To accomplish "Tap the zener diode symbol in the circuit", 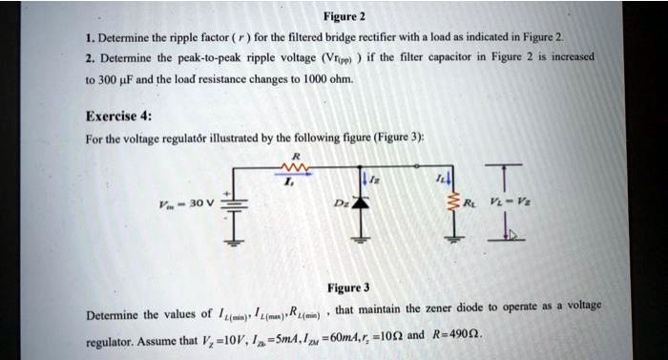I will tap(358, 203).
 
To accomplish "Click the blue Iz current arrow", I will tap(364, 179).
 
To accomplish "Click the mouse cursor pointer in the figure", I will tap(511, 234).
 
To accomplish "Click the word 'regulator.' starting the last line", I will tap(113, 341).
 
